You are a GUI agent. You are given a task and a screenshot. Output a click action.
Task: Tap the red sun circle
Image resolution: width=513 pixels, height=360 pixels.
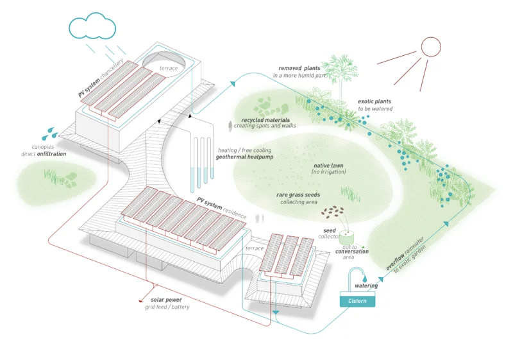pyautogui.click(x=431, y=46)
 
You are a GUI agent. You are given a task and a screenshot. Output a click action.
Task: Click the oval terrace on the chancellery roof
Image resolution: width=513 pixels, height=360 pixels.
pyautogui.click(x=165, y=64)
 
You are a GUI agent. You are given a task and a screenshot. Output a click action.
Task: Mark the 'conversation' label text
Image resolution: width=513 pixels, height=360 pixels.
pyautogui.click(x=351, y=252)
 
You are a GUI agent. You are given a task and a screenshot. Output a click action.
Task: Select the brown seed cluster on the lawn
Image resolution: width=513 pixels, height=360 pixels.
pyautogui.click(x=332, y=210)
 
